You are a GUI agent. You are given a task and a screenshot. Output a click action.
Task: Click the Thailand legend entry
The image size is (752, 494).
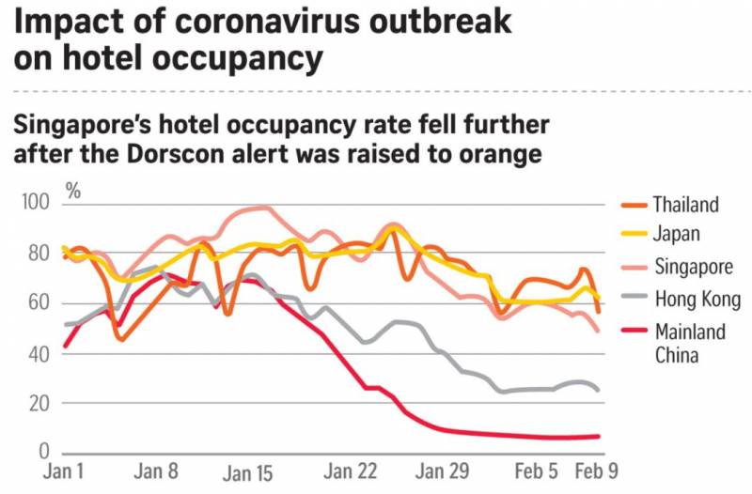pyautogui.click(x=685, y=205)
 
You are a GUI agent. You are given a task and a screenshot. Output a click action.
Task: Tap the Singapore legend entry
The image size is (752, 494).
pyautogui.click(x=693, y=268)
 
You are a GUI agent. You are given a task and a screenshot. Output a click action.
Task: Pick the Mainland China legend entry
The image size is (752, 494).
pyautogui.click(x=689, y=343)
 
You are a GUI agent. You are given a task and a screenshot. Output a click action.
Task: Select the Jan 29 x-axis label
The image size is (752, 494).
pyautogui.click(x=446, y=471)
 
